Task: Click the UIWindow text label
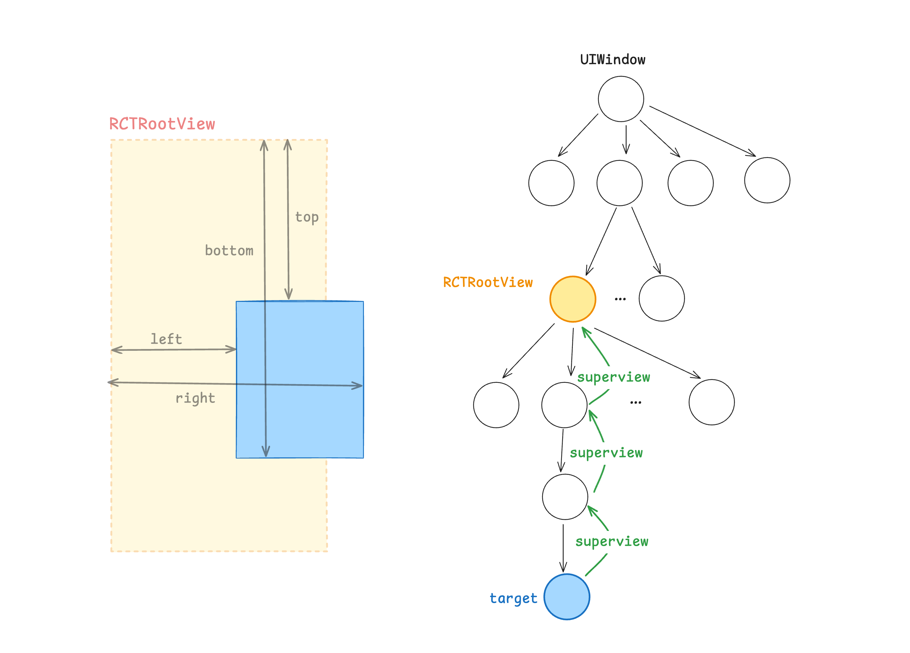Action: point(613,59)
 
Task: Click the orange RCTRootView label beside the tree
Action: point(488,282)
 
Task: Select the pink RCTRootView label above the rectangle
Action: point(162,124)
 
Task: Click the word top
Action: point(307,217)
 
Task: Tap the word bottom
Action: point(229,251)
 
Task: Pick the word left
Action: point(166,339)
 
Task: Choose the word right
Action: point(196,398)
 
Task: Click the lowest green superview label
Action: point(611,541)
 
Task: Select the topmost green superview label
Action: point(614,377)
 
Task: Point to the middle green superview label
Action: point(606,453)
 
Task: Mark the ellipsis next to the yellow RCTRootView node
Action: point(620,299)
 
